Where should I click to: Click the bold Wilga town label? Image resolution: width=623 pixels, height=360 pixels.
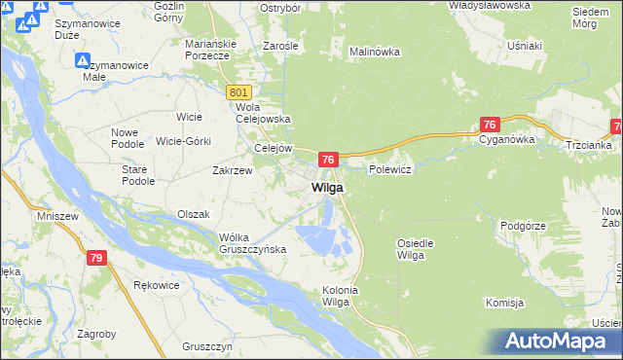click(x=327, y=187)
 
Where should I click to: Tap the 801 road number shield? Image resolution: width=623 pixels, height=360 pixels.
click(x=240, y=91)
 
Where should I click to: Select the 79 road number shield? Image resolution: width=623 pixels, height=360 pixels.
click(x=95, y=258)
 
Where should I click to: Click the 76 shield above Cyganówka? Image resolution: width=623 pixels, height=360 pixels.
click(x=490, y=125)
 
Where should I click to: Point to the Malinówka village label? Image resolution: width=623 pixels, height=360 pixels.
click(x=376, y=51)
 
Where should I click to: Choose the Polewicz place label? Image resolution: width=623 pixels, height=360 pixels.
click(x=391, y=169)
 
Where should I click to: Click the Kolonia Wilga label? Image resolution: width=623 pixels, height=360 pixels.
click(x=341, y=296)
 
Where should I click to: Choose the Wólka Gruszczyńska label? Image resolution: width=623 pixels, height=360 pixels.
click(x=252, y=243)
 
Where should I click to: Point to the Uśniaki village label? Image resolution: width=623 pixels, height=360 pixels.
click(x=525, y=46)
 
